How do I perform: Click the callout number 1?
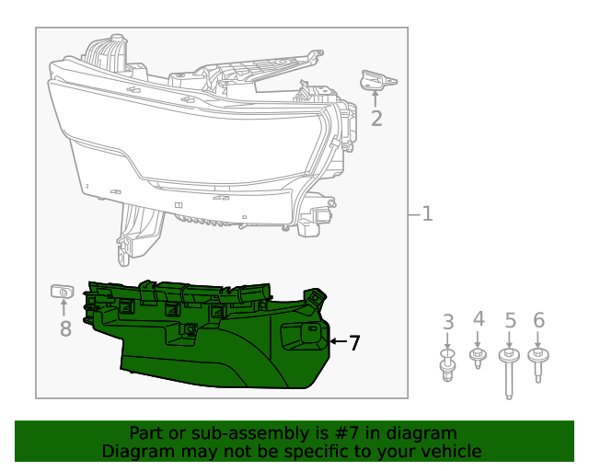click(x=427, y=214)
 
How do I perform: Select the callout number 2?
click(x=376, y=118)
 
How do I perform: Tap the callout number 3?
click(x=448, y=322)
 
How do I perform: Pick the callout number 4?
click(x=478, y=319)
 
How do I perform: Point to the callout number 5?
click(x=510, y=321)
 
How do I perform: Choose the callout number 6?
click(x=539, y=321)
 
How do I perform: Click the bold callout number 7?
click(x=354, y=342)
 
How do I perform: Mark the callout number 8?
click(x=64, y=328)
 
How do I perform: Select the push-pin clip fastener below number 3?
click(x=448, y=364)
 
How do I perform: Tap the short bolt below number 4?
click(x=478, y=357)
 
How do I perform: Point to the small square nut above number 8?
click(x=62, y=293)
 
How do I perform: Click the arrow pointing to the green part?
click(x=337, y=342)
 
